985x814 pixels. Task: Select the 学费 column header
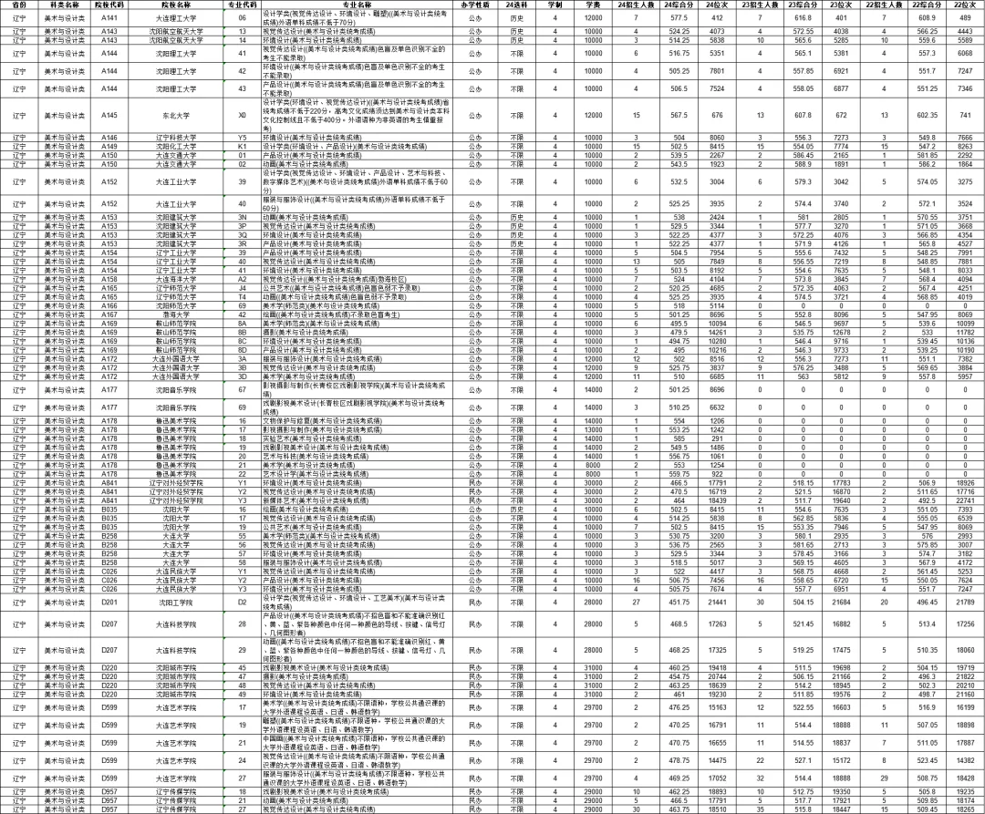(x=593, y=5)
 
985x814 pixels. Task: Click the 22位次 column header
(x=964, y=5)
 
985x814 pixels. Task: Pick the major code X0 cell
(x=242, y=116)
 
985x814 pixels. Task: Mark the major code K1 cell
(x=242, y=146)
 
